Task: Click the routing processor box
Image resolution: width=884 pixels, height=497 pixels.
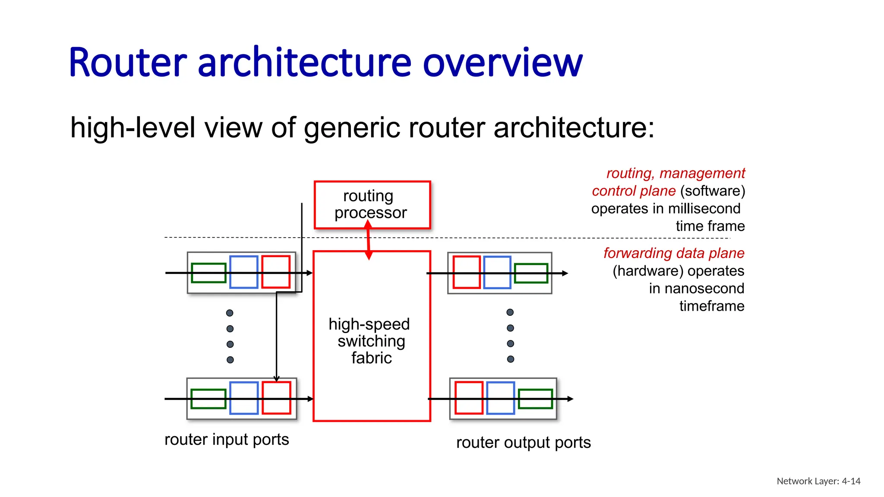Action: [372, 204]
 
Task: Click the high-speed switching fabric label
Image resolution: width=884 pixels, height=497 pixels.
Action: [369, 341]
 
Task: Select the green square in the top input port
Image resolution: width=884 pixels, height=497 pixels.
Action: [208, 273]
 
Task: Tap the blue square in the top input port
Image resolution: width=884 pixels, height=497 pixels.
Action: [244, 272]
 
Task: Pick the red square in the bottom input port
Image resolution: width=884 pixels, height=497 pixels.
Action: [276, 398]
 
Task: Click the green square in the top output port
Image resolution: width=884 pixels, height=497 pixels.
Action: [531, 273]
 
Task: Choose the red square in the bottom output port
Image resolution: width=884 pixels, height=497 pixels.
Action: [469, 398]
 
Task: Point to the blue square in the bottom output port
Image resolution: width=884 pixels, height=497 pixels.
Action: [500, 398]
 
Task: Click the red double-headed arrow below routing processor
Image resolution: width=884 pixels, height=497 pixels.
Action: [368, 240]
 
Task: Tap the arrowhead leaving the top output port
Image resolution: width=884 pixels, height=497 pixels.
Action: [565, 273]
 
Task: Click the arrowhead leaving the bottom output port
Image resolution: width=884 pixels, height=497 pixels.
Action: [570, 399]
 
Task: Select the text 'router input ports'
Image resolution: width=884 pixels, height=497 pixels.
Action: [227, 440]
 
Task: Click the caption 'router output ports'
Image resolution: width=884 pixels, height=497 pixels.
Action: [523, 443]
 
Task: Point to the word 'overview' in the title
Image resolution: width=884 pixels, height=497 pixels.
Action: [502, 63]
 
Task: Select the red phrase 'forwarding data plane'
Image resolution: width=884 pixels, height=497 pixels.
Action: [673, 253]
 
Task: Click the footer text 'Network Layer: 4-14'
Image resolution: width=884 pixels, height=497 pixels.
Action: [818, 481]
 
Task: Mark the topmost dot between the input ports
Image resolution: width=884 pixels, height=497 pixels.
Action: [230, 313]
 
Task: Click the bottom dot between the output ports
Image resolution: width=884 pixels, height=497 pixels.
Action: [511, 359]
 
